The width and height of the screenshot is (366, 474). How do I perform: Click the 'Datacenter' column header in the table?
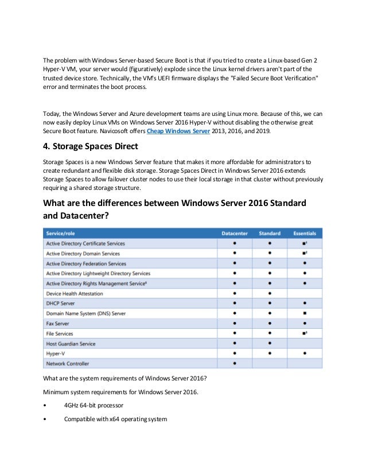[x=235, y=234]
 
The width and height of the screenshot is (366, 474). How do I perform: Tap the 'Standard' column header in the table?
[x=270, y=234]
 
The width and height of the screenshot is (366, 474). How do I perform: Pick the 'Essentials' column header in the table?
[x=304, y=234]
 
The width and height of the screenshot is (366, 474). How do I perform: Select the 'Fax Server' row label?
[x=59, y=324]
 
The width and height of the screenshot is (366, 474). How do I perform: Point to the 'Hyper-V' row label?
[x=56, y=354]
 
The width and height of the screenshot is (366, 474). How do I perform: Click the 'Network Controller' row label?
[x=68, y=364]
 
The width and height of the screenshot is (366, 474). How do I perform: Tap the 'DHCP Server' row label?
[x=60, y=304]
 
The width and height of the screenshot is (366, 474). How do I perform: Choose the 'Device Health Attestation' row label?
[x=75, y=294]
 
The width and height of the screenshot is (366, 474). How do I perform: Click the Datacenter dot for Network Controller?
[x=235, y=364]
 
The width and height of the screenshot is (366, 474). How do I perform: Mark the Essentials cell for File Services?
[x=304, y=333]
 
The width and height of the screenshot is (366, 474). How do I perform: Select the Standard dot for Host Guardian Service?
[x=270, y=344]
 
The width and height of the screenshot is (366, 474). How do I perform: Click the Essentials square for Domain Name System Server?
[x=304, y=314]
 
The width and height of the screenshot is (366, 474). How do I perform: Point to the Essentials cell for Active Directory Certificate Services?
[x=304, y=243]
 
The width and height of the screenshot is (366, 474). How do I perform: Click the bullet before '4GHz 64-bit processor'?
[x=45, y=405]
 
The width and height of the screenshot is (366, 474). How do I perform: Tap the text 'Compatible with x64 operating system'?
[x=115, y=419]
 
